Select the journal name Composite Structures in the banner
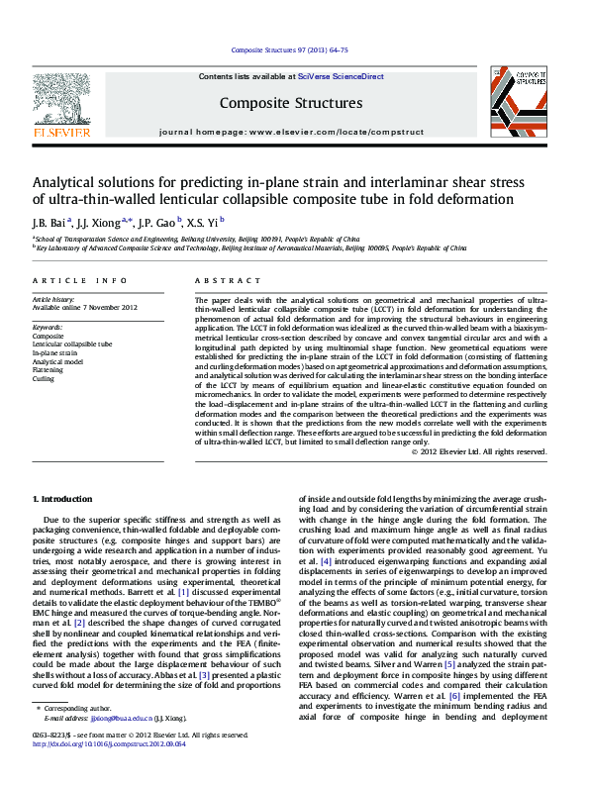290,102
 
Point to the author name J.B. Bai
49,222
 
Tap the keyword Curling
44,378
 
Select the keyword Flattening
49,370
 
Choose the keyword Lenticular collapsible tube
72,344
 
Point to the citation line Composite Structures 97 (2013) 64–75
289,49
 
